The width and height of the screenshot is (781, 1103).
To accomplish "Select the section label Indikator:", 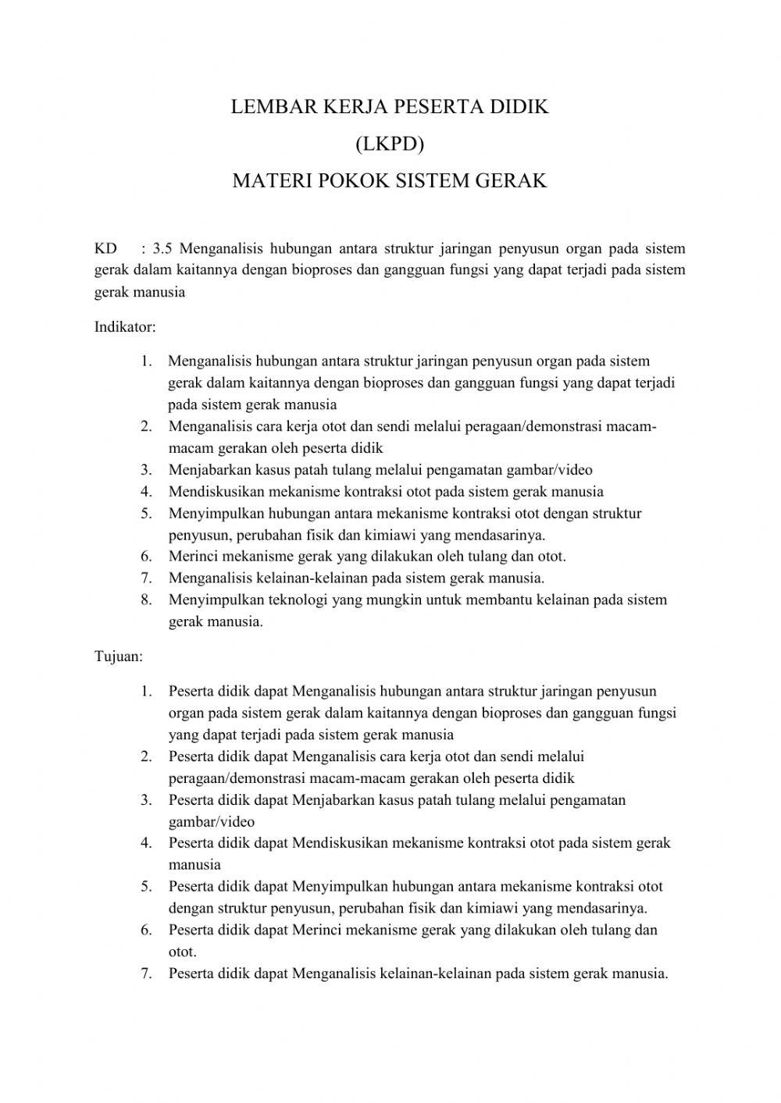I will click(125, 327).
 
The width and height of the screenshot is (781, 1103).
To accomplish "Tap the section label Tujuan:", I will click(119, 656).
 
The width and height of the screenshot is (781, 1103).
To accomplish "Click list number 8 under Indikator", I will click(146, 600).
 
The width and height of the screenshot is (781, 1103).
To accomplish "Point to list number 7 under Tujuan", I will click(146, 974).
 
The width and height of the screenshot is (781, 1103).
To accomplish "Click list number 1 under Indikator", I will click(146, 361).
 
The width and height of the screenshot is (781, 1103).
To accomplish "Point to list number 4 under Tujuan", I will click(146, 843).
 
